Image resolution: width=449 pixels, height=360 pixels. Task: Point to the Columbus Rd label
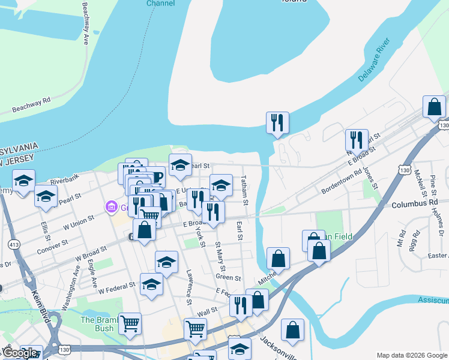coord(414,205)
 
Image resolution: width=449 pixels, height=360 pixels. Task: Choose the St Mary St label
coord(220,256)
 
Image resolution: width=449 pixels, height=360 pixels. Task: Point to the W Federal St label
coord(118,290)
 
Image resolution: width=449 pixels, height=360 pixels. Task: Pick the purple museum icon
coord(110,208)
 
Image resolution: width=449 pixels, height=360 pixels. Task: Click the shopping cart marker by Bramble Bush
coord(130,324)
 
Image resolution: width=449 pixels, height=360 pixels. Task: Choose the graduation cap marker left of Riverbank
coord(23,181)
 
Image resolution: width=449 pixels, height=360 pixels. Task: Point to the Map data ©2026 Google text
coord(412,355)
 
